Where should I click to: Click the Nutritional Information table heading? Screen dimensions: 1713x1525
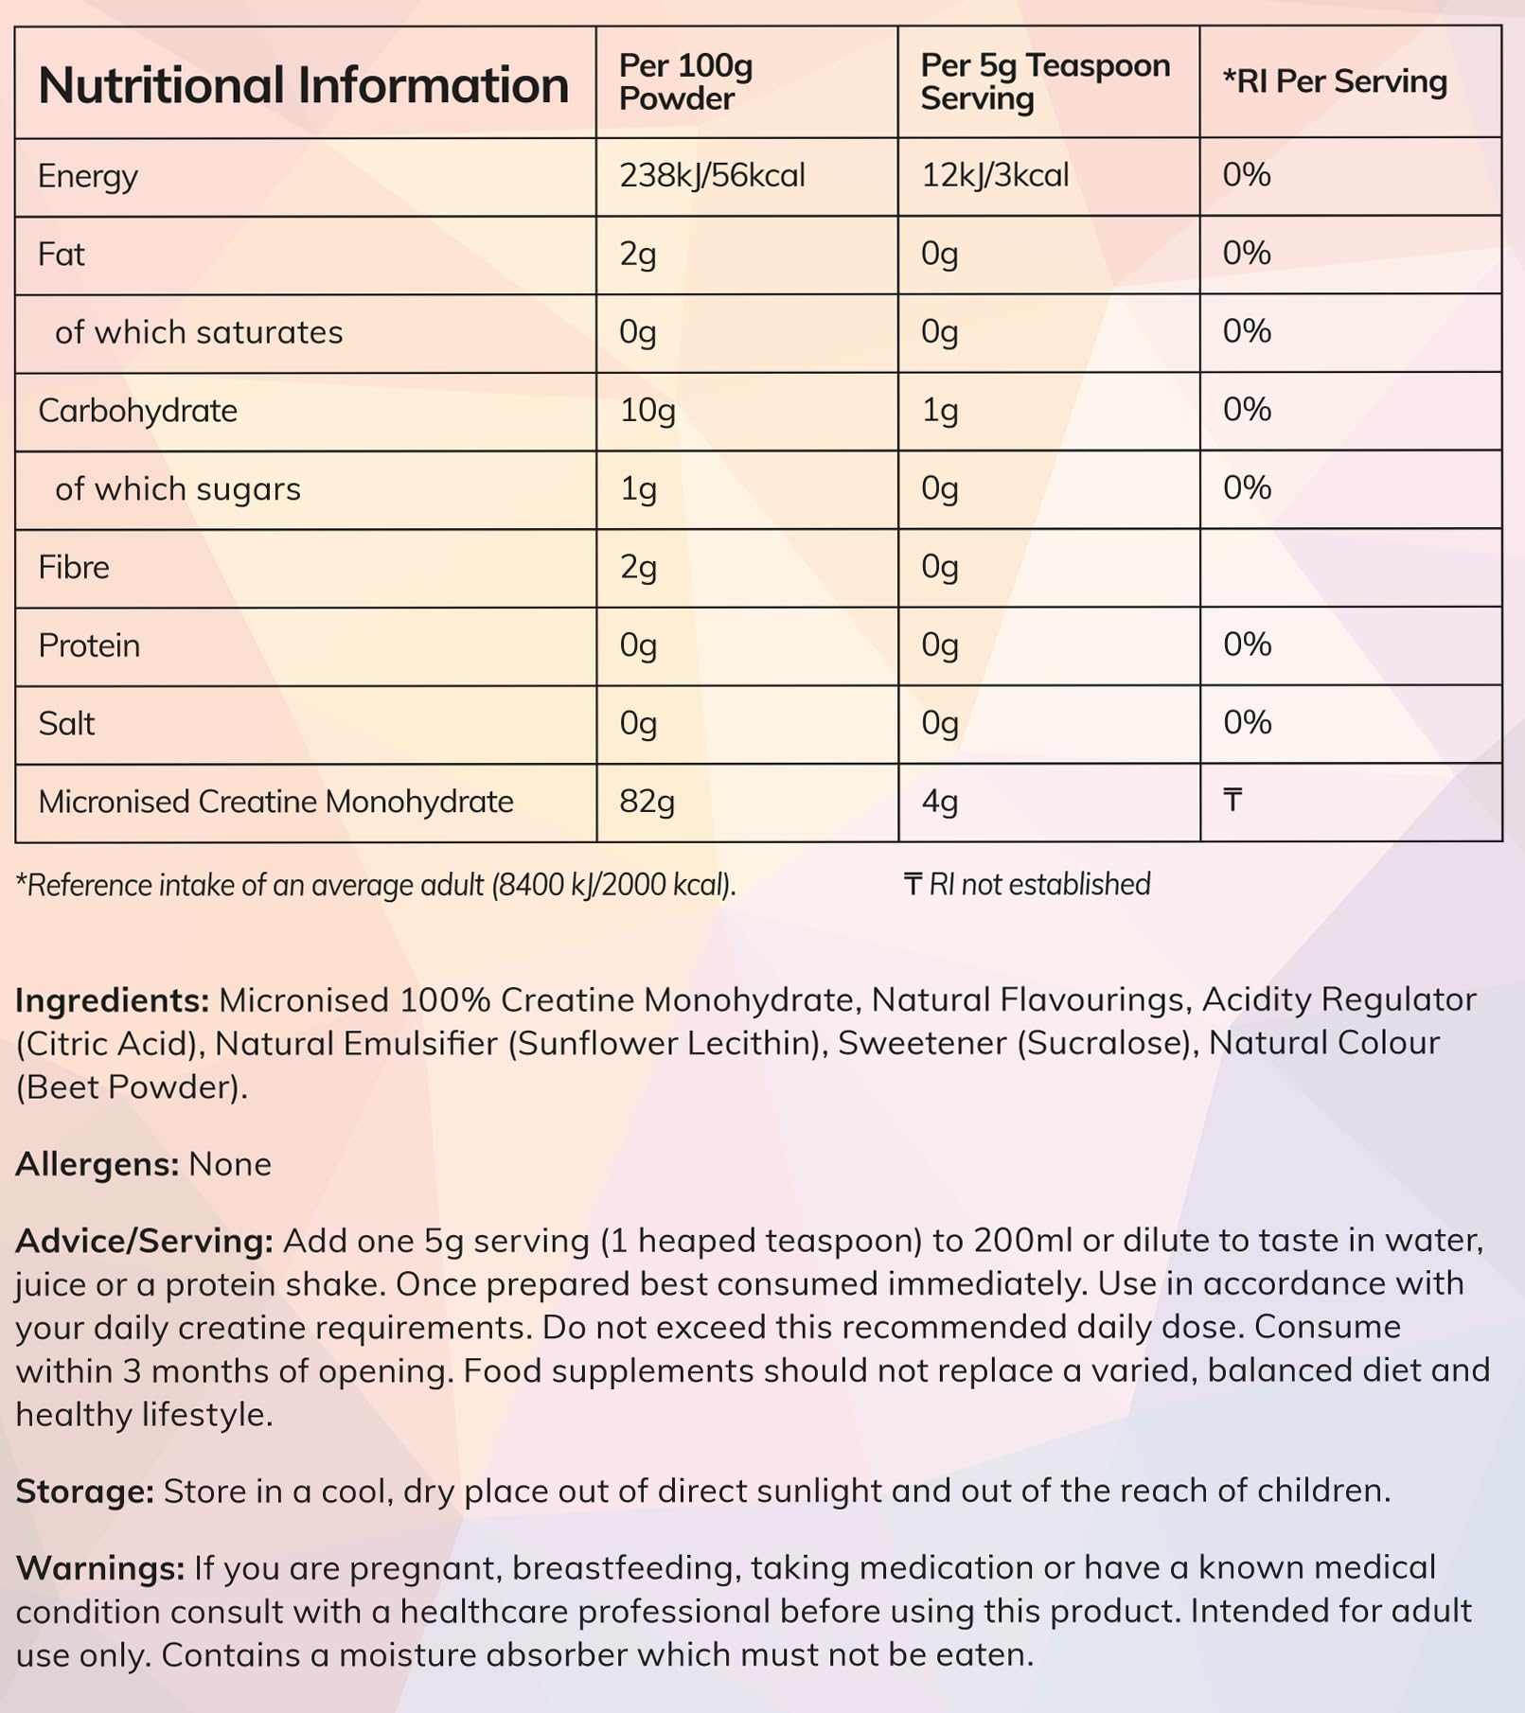(x=303, y=85)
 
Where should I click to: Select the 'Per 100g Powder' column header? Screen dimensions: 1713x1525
(x=685, y=82)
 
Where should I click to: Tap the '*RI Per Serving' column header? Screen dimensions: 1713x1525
(x=1335, y=81)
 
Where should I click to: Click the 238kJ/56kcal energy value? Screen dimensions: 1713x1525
(x=712, y=176)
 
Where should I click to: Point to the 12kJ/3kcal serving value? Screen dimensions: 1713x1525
(x=995, y=176)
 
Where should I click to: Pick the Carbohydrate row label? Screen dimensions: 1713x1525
(x=137, y=411)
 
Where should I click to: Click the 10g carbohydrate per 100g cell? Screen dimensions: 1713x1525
(x=647, y=411)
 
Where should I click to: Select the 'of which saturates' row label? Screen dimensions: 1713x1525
(x=199, y=332)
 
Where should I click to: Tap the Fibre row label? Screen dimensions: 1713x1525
(x=74, y=568)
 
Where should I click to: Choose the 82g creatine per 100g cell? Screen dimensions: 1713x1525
(x=647, y=802)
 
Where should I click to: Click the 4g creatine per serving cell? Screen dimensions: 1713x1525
(x=940, y=802)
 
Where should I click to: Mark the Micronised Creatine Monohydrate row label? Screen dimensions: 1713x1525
(x=275, y=802)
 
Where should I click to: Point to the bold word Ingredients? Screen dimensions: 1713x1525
(x=112, y=1000)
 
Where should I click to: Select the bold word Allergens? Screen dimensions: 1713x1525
(x=97, y=1164)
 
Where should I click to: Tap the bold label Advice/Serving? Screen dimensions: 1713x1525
(x=144, y=1241)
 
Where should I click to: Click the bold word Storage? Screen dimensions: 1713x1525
(x=84, y=1492)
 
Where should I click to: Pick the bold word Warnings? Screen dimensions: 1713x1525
(x=100, y=1568)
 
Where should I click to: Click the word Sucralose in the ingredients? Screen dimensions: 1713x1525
(x=1104, y=1043)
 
